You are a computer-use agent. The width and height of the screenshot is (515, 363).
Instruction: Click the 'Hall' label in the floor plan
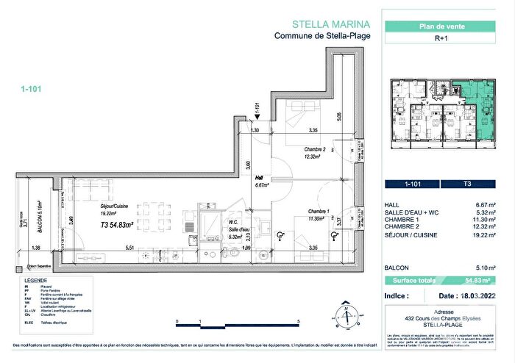[x=259, y=178]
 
